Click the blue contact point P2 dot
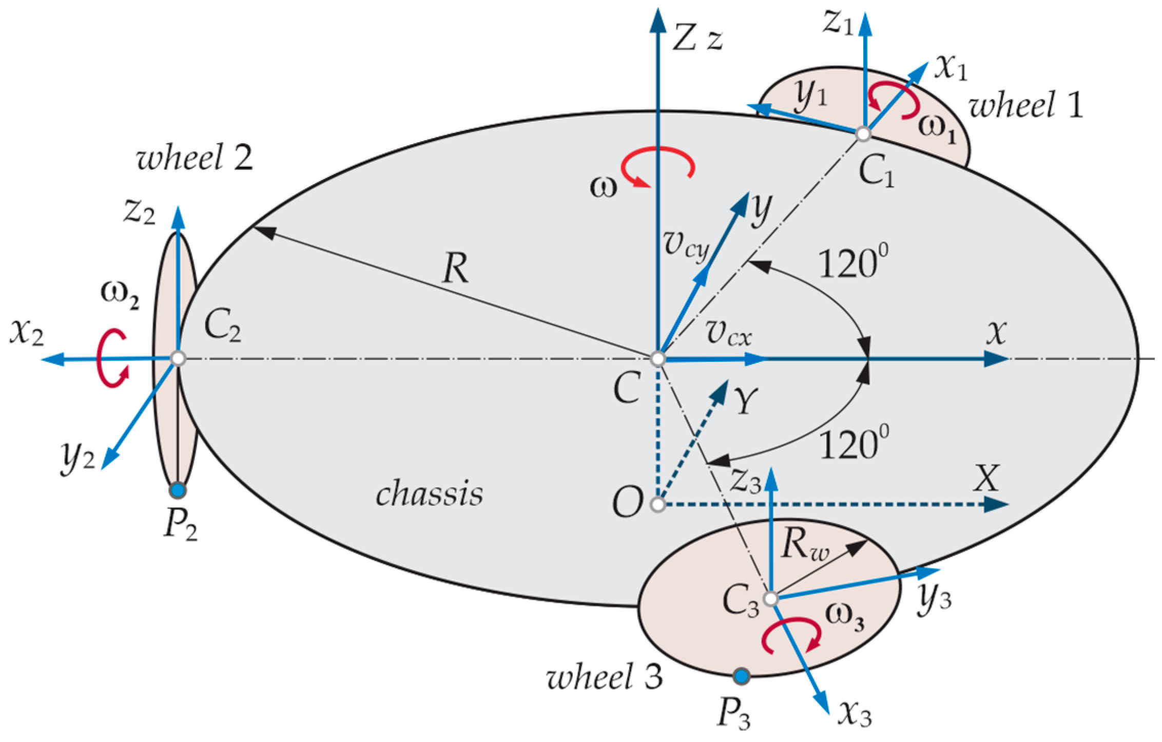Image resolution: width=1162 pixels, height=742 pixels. click(x=178, y=491)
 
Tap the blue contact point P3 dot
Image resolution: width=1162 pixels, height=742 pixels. click(x=741, y=676)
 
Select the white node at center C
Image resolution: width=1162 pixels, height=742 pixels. click(x=657, y=359)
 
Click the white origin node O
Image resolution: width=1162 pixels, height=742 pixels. click(x=657, y=505)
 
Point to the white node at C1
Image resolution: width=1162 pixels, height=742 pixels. click(x=864, y=134)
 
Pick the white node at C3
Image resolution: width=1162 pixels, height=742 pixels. click(x=771, y=598)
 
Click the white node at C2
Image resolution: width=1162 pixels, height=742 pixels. click(x=178, y=358)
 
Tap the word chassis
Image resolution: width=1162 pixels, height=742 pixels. click(x=429, y=494)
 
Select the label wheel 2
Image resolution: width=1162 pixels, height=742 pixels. click(x=195, y=157)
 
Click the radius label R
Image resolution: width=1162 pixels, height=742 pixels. click(x=455, y=269)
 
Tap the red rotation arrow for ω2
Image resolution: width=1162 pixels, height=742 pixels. click(x=112, y=358)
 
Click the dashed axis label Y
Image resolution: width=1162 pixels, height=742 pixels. click(x=745, y=401)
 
